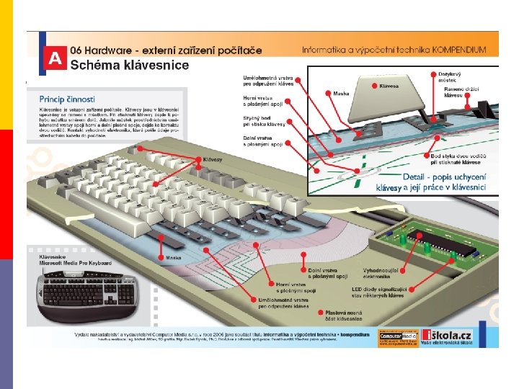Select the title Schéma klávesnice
tap(130, 65)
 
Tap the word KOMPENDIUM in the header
tap(459, 50)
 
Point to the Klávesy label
tap(213, 159)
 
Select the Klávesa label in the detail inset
tap(389, 86)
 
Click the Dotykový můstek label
tap(451, 77)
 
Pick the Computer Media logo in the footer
tap(397, 336)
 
